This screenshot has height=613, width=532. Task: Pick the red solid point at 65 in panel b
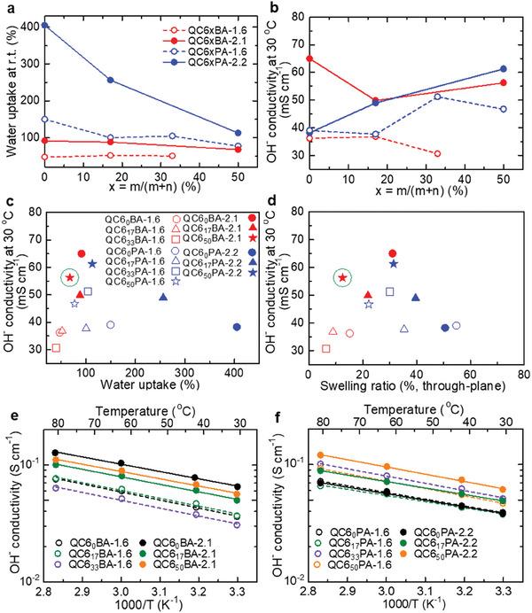coord(309,58)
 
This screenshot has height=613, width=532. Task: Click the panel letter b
coord(277,8)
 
